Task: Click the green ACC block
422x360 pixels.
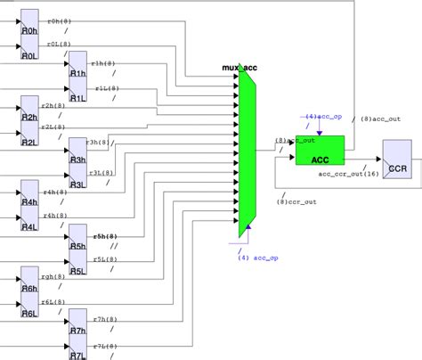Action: [320, 150]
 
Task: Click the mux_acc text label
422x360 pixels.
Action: [239, 68]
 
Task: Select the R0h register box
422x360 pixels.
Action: [28, 29]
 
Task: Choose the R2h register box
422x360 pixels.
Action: [28, 116]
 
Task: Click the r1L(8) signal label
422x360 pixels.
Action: [126, 88]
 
